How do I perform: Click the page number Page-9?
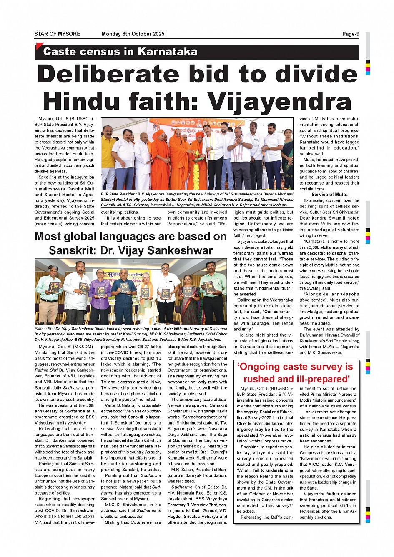point(350,34)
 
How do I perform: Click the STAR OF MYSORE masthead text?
point(57,34)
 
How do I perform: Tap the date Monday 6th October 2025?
point(133,34)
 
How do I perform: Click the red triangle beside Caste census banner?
point(39,46)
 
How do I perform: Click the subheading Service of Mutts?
point(329,195)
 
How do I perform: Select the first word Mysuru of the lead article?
point(46,119)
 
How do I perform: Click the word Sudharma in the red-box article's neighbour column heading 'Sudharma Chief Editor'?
point(182,487)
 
